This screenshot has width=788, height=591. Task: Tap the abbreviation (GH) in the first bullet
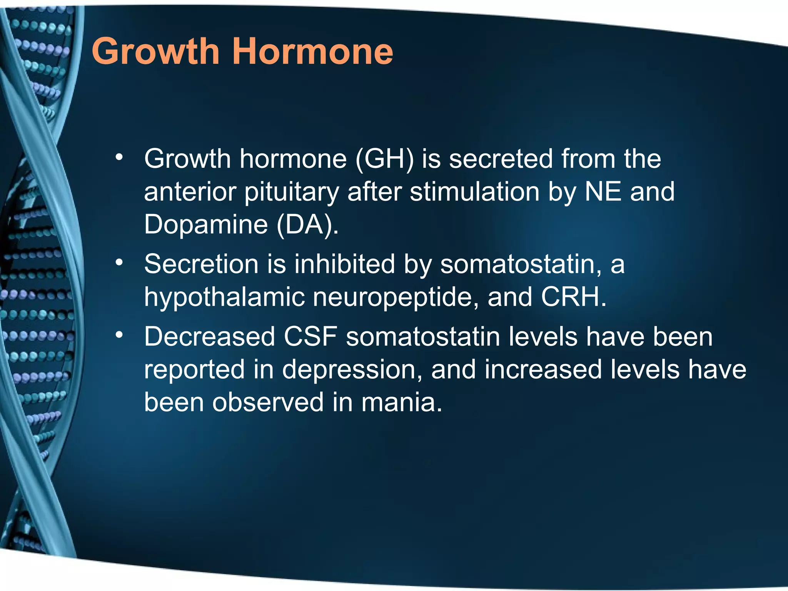click(x=385, y=159)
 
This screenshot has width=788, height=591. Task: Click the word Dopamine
click(x=206, y=224)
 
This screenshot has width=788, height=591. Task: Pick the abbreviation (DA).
click(x=307, y=225)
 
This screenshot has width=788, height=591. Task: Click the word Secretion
click(x=201, y=264)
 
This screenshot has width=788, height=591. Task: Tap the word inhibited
click(x=345, y=264)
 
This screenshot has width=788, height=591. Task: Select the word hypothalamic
click(x=224, y=297)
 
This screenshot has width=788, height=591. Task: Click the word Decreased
click(x=210, y=337)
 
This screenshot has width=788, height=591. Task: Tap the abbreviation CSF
click(x=311, y=337)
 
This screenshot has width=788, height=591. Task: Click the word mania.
click(x=402, y=403)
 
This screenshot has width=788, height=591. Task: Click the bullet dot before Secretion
click(x=119, y=262)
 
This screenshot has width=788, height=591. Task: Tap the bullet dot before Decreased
click(x=119, y=335)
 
